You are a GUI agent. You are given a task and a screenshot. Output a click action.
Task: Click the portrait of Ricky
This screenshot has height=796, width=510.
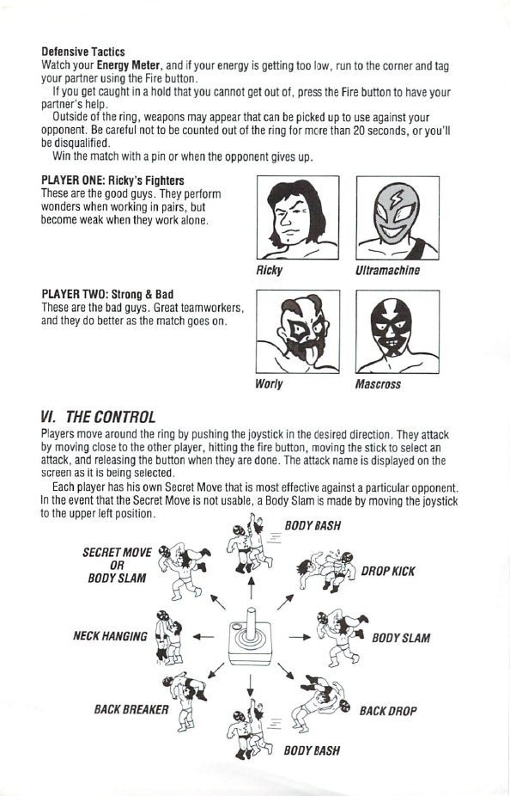click(x=298, y=217)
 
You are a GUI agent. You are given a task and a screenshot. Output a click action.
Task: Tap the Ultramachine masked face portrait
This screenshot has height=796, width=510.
click(x=398, y=217)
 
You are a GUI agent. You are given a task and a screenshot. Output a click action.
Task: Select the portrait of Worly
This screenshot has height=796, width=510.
click(x=298, y=332)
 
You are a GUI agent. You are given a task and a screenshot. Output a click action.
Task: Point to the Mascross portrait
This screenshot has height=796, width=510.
click(x=398, y=332)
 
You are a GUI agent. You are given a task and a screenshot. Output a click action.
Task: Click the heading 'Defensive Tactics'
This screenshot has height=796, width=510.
click(x=83, y=52)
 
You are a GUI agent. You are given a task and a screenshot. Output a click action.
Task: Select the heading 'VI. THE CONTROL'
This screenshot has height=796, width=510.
click(x=97, y=417)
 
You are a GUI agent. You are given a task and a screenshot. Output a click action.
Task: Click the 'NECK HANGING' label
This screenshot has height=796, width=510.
click(x=110, y=636)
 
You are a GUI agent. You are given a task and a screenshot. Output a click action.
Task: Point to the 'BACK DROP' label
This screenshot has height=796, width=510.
click(x=388, y=711)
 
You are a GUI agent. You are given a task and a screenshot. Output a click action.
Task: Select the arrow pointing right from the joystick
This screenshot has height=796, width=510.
click(x=299, y=637)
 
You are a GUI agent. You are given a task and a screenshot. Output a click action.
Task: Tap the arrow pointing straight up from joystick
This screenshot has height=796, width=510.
click(x=251, y=588)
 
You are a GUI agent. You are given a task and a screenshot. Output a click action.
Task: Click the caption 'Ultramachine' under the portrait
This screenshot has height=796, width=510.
click(x=388, y=271)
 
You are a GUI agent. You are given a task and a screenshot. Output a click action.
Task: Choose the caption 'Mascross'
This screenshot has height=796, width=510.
click(x=378, y=384)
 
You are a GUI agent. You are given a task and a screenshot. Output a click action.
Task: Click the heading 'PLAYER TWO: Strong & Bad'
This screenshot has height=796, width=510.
click(x=107, y=295)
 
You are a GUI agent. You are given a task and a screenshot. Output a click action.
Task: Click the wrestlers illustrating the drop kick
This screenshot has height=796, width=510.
click(x=326, y=571)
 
